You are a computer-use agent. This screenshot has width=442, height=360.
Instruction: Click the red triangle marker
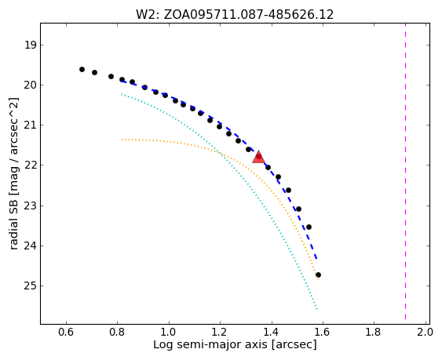pos(258,157)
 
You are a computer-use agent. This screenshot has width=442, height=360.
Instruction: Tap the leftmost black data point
pos(82,69)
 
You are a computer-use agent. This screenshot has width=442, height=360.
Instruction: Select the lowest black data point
pos(318,275)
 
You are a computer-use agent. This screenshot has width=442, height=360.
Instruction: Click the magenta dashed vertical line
pos(405,171)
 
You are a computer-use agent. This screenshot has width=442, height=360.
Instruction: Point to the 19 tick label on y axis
pos(31,45)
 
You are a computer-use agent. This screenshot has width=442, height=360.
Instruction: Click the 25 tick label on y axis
pos(30,286)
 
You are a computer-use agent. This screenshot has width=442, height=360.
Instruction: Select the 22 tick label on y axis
pos(30,165)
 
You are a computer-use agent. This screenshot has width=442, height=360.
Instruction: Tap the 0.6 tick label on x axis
pos(66,332)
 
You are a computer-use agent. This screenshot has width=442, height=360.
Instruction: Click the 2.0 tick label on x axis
pos(425,332)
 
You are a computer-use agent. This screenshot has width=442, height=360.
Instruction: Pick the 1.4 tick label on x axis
pos(271,332)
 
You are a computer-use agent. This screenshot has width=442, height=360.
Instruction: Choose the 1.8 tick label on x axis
pos(374,332)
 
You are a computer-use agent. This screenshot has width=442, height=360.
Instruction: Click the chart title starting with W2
pos(235,14)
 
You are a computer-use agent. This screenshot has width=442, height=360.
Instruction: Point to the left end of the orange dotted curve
pos(122,140)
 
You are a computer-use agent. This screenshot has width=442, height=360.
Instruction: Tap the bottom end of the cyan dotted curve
pos(317,309)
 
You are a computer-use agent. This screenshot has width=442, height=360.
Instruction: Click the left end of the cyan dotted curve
pos(122,94)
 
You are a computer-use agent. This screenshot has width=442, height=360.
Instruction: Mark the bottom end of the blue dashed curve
pos(317,259)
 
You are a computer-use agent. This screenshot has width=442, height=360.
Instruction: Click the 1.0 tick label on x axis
pos(169,332)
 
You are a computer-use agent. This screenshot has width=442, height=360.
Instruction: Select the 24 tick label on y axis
pos(30,246)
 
